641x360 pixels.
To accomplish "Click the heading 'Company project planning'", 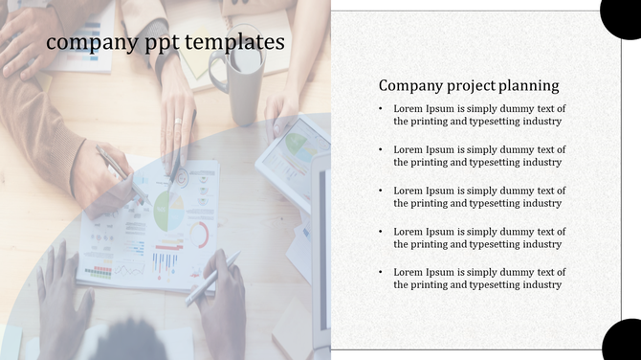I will tap(469, 85).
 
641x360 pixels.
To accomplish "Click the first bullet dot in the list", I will tap(382, 109).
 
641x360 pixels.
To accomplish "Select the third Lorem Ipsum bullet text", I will tap(479, 197).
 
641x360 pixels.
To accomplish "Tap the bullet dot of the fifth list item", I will tap(382, 273).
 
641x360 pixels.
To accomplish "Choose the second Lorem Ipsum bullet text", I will tap(479, 156).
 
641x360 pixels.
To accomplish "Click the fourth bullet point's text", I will tap(479, 238).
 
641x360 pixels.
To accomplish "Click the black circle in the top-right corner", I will tap(622, 15).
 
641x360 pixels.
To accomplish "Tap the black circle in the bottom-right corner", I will tap(623, 342).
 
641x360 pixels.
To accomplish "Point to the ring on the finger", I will tap(178, 121).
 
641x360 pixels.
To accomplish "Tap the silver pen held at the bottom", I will tap(212, 278).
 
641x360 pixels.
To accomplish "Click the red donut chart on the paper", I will tap(200, 234).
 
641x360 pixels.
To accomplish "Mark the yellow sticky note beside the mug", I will tap(198, 61).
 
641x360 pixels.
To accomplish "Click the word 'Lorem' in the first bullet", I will tap(409, 109).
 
